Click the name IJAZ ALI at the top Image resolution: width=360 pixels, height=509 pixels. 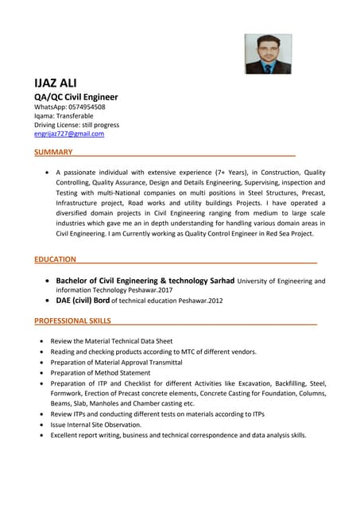point(56,84)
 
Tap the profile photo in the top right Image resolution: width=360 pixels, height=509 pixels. point(268,53)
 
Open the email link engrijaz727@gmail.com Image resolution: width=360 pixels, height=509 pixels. point(68,134)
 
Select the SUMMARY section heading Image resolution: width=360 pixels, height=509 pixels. point(53,152)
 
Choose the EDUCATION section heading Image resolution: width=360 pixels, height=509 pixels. point(55,259)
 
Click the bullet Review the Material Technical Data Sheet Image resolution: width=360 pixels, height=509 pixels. point(111,341)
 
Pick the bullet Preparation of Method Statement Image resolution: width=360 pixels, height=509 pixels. point(100,372)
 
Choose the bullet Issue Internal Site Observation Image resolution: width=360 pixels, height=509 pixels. point(95,425)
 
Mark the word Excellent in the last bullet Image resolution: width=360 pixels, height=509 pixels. point(65,435)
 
